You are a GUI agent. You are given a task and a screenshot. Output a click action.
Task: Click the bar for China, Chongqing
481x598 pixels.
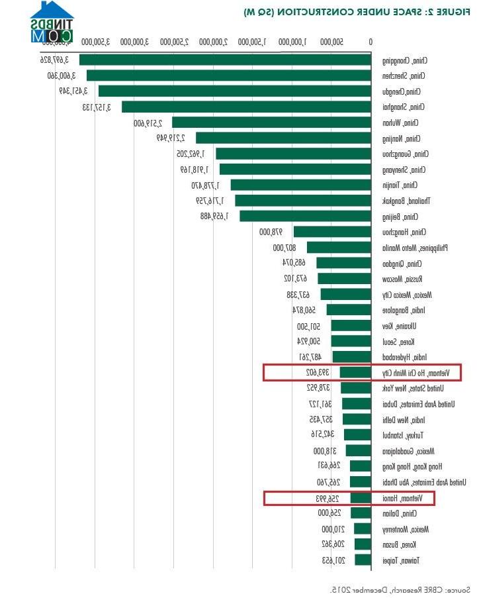point(225,60)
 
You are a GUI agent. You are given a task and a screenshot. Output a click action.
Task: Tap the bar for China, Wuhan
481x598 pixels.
point(271,123)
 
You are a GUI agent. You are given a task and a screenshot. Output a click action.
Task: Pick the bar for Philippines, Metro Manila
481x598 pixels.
point(339,248)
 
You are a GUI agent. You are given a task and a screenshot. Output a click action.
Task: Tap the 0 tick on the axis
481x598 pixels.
point(371,42)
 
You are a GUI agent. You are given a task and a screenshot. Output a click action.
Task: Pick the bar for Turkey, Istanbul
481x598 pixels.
point(357,435)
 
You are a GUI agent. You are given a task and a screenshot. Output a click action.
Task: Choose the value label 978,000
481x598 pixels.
point(271,232)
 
